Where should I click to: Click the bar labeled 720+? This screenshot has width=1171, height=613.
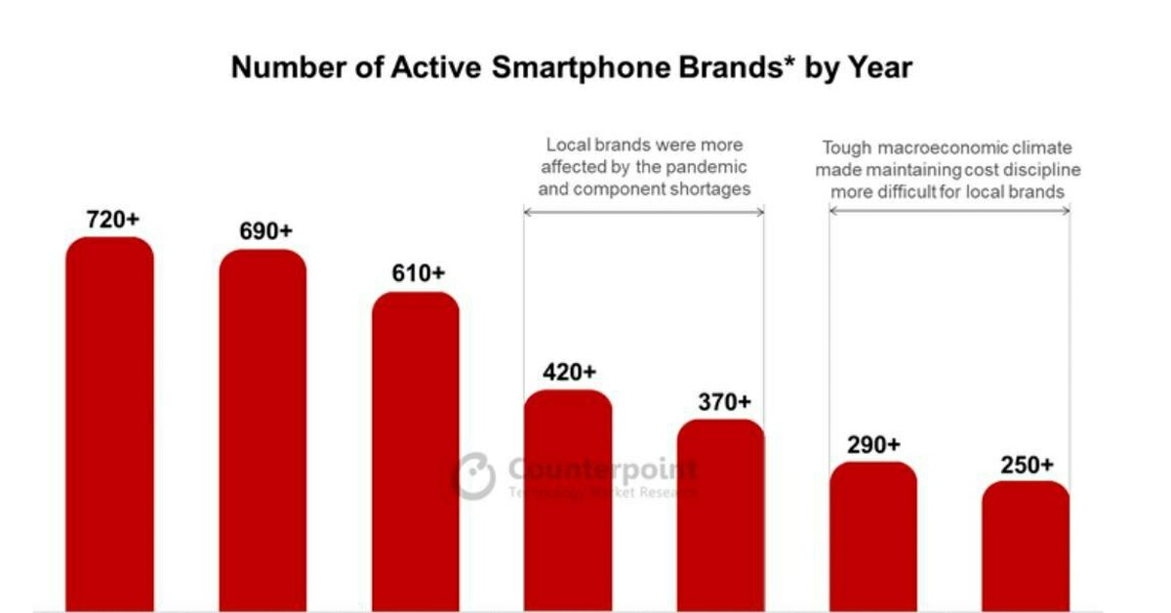tap(109, 425)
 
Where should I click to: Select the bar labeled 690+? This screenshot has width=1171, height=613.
tap(262, 430)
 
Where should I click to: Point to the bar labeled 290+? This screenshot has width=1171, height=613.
tap(873, 537)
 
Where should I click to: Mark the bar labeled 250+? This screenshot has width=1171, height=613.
tap(1026, 547)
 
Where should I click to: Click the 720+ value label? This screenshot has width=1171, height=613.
tap(113, 220)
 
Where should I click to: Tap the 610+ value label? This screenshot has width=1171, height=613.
tap(419, 274)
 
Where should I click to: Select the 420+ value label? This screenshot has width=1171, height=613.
tap(569, 373)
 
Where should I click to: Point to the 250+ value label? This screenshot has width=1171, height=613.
tap(1028, 465)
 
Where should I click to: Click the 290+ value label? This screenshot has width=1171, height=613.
tap(873, 445)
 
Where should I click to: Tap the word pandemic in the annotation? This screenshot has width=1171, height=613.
tap(708, 167)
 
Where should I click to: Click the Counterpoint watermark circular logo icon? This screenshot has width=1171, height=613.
tap(474, 476)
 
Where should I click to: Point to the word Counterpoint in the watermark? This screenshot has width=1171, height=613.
tap(603, 470)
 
